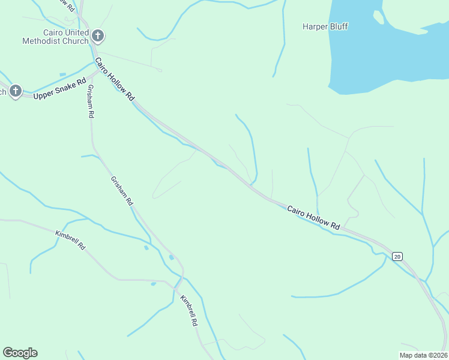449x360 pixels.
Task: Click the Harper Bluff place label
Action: click(x=325, y=26)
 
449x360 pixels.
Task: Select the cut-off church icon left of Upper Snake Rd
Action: click(x=15, y=91)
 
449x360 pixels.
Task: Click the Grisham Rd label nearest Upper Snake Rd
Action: click(x=90, y=100)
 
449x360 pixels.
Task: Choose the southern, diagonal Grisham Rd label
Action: click(x=121, y=191)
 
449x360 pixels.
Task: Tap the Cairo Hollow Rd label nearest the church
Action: click(x=115, y=79)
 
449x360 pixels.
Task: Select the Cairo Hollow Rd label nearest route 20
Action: click(x=313, y=218)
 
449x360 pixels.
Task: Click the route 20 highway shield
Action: click(x=397, y=256)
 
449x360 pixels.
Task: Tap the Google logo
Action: click(x=20, y=353)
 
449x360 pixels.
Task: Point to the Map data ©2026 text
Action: click(x=423, y=355)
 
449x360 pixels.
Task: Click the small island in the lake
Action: click(x=378, y=17)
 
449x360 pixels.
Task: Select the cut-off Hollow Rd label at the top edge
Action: click(x=66, y=5)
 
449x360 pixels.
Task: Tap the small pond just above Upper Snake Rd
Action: click(x=63, y=75)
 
